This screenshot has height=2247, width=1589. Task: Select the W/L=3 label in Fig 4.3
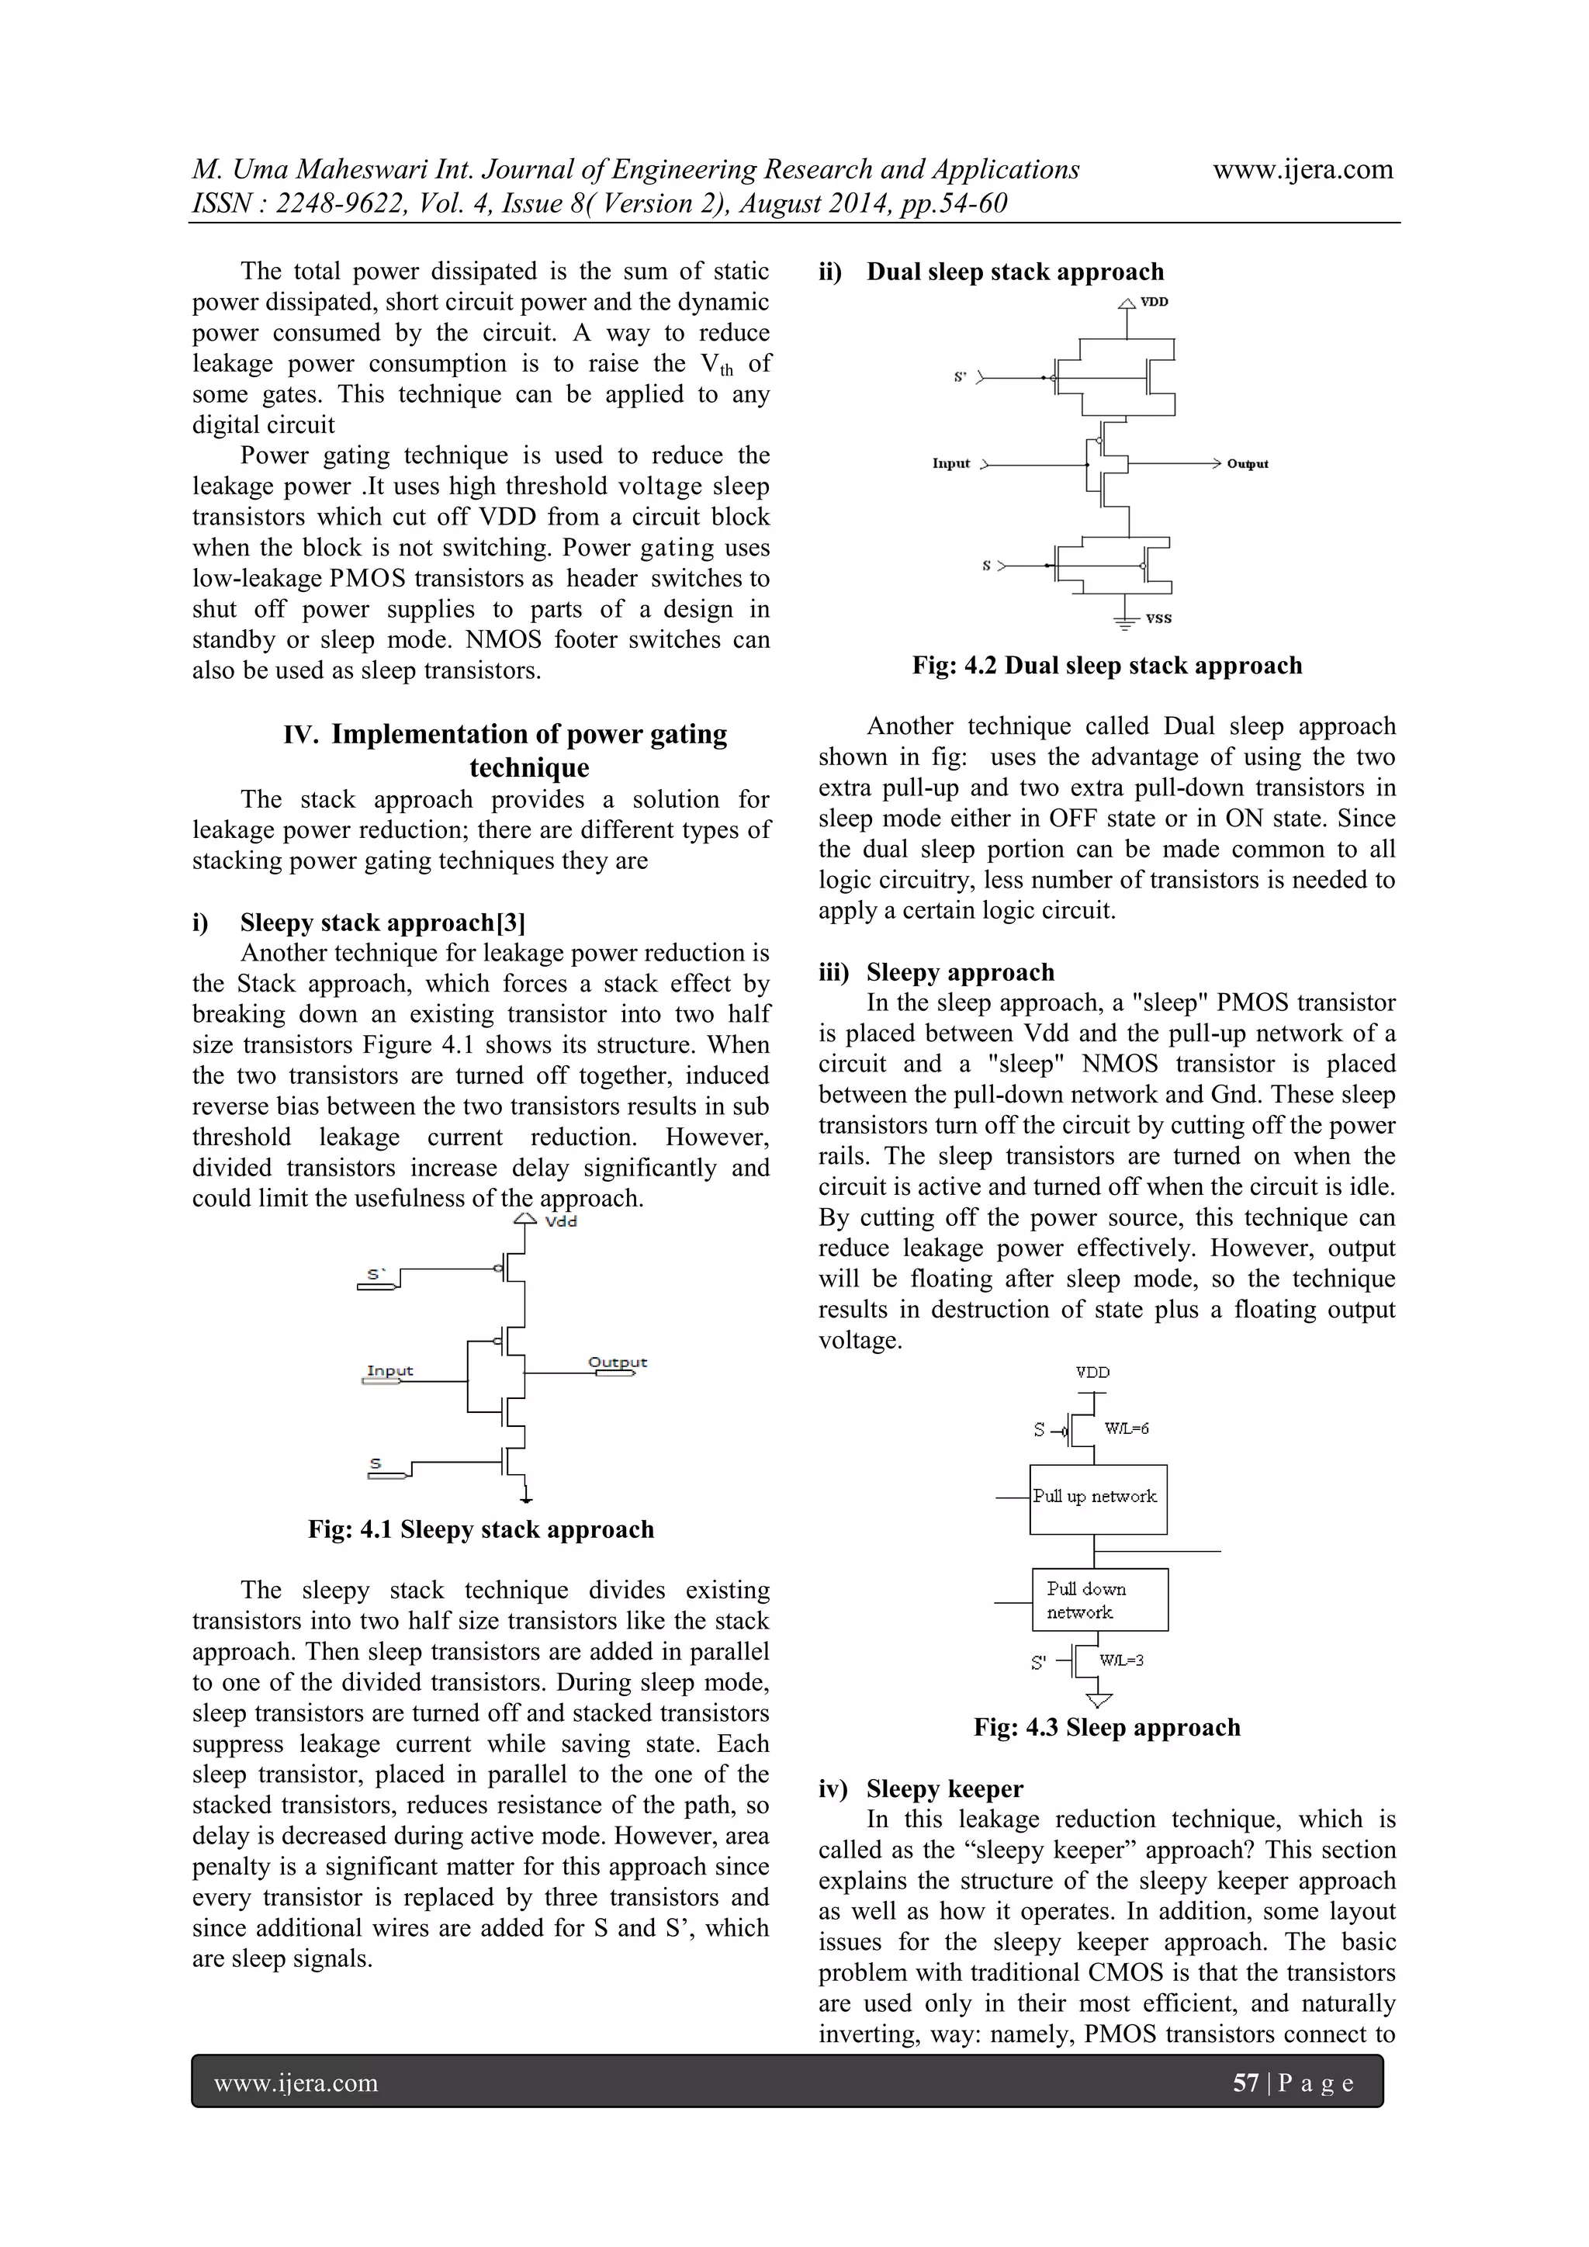pyautogui.click(x=1121, y=1660)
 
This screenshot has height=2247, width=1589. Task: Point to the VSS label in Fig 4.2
pyautogui.click(x=1158, y=618)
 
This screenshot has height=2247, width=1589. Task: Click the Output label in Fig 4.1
pyautogui.click(x=618, y=1362)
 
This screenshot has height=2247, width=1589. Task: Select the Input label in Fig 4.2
pyautogui.click(x=951, y=463)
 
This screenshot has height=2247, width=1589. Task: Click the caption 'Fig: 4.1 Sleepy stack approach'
pyautogui.click(x=480, y=1529)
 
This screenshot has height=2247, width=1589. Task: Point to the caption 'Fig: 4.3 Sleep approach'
pyautogui.click(x=1106, y=1727)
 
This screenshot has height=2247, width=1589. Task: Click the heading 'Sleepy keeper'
pyautogui.click(x=944, y=1789)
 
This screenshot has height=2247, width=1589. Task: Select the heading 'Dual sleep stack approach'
pyautogui.click(x=1015, y=272)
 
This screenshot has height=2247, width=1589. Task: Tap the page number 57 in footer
pyautogui.click(x=1245, y=2083)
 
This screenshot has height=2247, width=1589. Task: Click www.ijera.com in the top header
pyautogui.click(x=1303, y=169)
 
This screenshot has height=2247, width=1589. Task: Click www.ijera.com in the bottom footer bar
pyautogui.click(x=296, y=2083)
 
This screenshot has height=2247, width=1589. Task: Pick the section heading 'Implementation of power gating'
pyautogui.click(x=528, y=734)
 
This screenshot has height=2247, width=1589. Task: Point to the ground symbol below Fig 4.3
pyautogui.click(x=1099, y=1700)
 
